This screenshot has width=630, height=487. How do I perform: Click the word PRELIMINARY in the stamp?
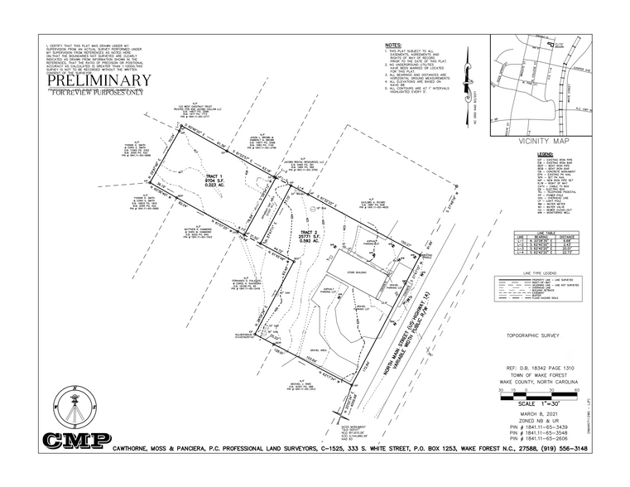[99, 81]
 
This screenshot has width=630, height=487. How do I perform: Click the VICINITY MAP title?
[542, 142]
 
